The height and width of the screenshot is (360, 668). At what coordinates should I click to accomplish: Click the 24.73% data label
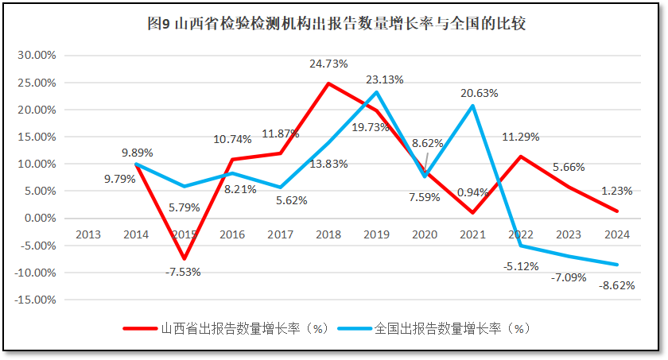328,64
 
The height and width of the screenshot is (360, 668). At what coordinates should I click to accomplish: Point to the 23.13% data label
385,79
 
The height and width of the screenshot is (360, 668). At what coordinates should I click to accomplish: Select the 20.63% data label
479,93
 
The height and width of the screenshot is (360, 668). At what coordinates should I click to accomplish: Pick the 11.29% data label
520,137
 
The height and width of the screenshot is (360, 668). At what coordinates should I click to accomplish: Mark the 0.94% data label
474,192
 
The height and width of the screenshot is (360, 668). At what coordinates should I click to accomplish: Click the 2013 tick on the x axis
87,234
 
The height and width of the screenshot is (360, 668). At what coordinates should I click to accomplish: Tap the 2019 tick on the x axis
375,234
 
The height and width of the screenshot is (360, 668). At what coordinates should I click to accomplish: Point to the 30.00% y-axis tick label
37,56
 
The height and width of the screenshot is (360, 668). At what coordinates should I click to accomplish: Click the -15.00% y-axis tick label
35,300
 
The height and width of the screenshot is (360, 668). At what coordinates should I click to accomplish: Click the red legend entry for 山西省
227,327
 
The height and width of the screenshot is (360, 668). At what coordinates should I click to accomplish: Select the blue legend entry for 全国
433,327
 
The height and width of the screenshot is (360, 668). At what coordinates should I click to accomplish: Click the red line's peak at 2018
328,83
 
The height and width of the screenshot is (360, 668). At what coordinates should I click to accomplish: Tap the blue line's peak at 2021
472,106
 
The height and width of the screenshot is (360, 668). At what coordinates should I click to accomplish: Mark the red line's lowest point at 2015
184,259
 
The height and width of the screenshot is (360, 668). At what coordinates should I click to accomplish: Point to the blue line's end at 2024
617,265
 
